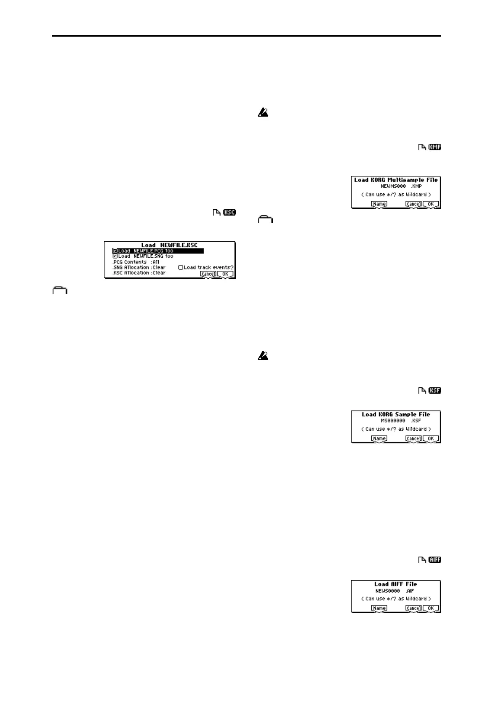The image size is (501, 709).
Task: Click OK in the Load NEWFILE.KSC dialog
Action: [225, 274]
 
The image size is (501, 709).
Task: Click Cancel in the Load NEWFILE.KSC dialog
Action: [208, 274]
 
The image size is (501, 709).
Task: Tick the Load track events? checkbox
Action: [181, 267]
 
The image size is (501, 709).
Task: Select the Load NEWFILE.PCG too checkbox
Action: [115, 251]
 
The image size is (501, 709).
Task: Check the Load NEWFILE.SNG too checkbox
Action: [115, 256]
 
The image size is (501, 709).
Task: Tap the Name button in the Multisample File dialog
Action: [379, 204]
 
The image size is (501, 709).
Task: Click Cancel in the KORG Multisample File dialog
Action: [413, 204]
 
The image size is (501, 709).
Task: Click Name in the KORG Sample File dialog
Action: [379, 439]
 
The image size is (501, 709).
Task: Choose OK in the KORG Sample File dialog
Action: [431, 439]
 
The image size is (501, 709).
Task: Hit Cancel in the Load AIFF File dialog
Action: [413, 608]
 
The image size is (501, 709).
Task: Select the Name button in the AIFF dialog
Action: [379, 608]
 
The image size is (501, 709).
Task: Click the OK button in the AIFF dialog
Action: [431, 608]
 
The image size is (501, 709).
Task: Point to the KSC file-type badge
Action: [229, 213]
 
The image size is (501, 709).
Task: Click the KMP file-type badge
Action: [435, 147]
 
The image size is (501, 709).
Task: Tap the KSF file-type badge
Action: [435, 390]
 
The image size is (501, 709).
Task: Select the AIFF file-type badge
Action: [435, 560]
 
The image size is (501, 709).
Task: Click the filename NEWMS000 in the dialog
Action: [393, 186]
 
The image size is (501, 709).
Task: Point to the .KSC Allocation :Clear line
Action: [139, 273]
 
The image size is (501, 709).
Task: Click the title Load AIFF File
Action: [396, 584]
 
